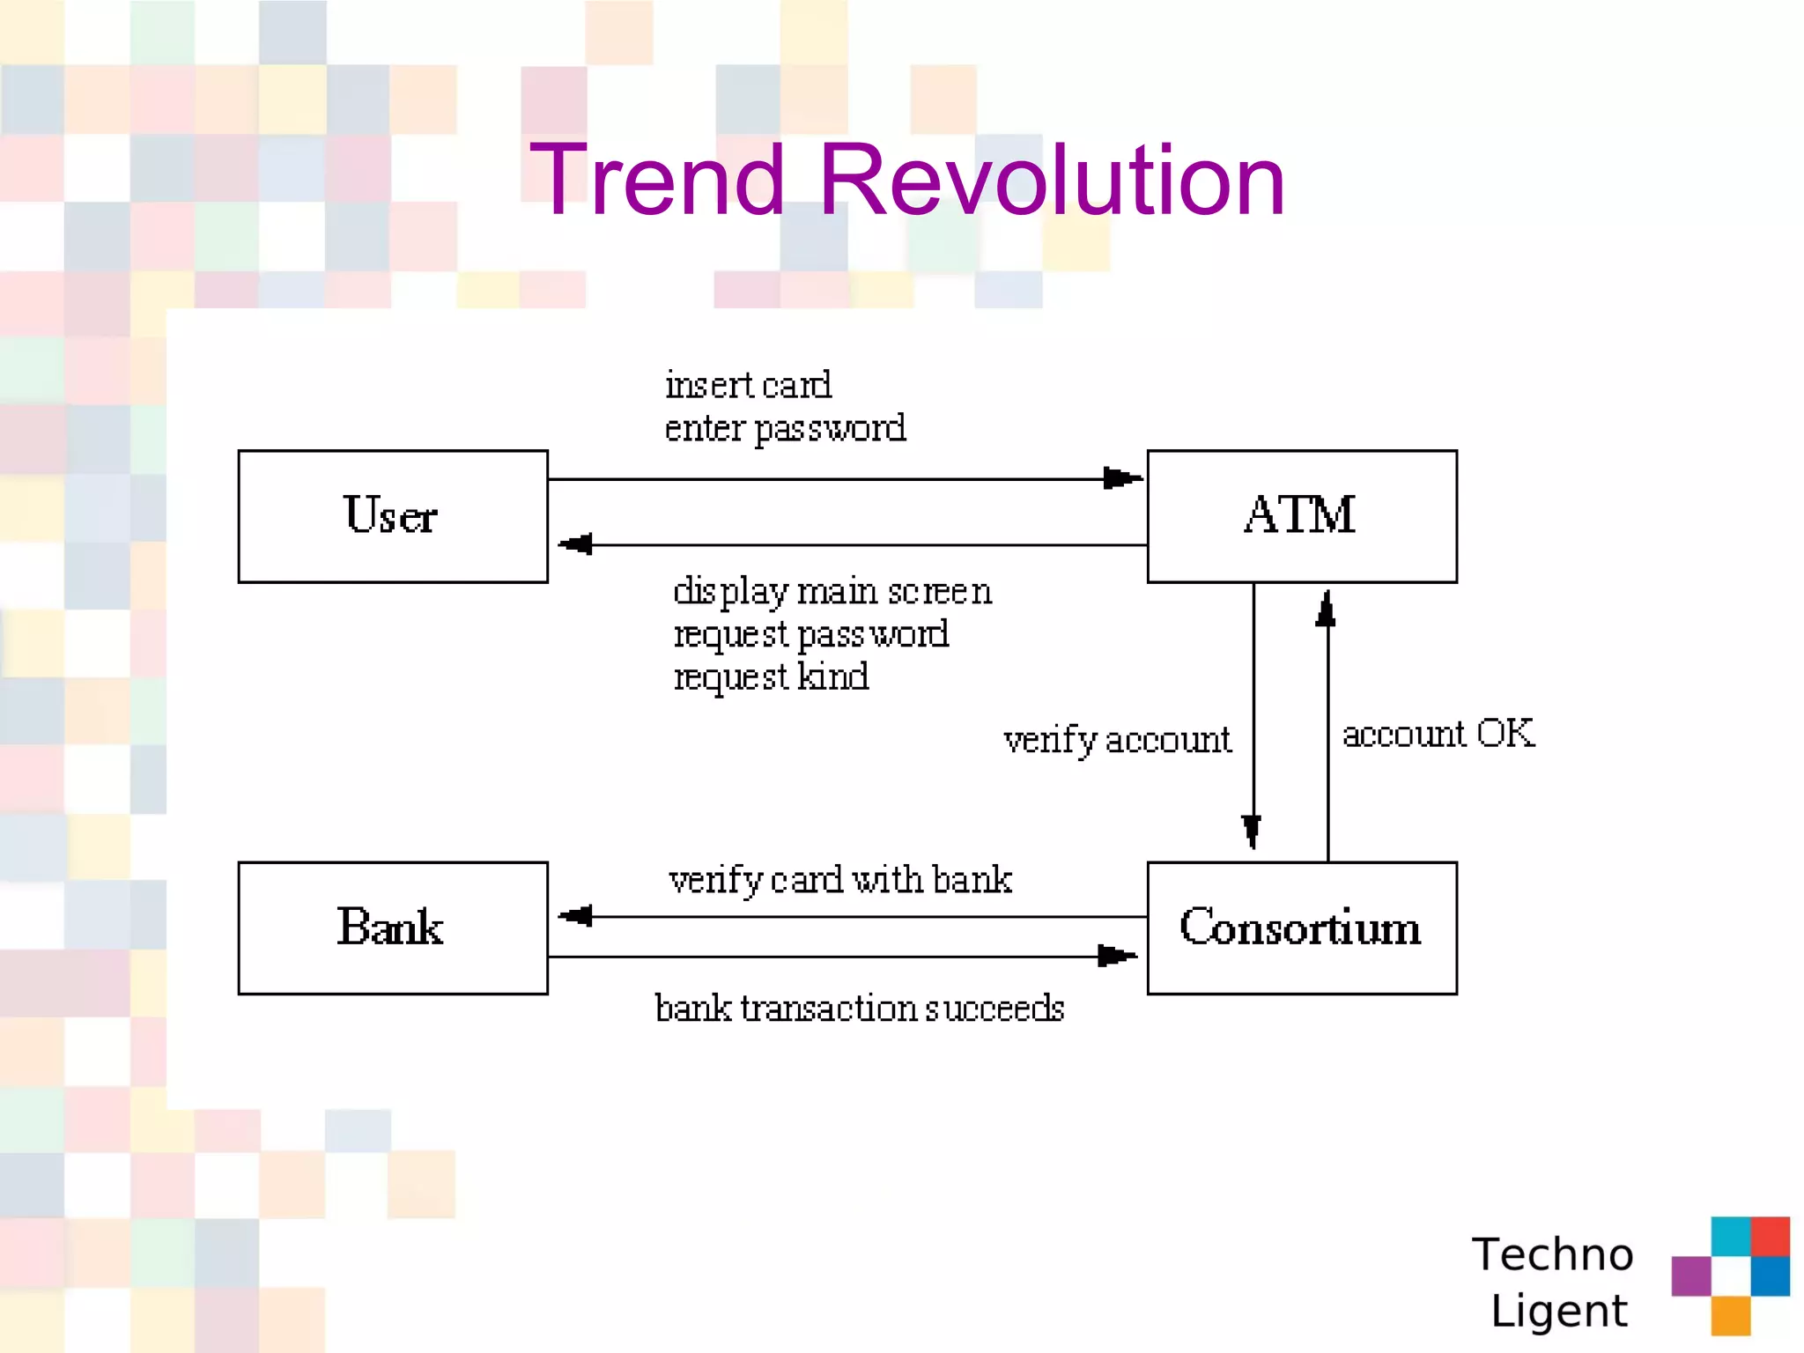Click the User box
pos(393,516)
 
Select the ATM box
pos(1301,516)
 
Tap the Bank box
pos(393,928)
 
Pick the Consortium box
pos(1301,928)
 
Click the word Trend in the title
pos(655,181)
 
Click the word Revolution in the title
pos(1052,181)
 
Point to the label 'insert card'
pos(747,386)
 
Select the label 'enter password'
pos(784,429)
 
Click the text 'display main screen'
pos(832,591)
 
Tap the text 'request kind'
pos(771,677)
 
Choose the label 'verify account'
pos(1116,740)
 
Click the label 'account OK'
pos(1438,734)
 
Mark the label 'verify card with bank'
pos(839,880)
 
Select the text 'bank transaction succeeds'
pos(859,1009)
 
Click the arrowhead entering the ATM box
pos(1123,478)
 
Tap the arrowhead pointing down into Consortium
pos(1252,830)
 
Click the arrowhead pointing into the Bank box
pos(576,916)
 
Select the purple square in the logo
pos(1690,1276)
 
